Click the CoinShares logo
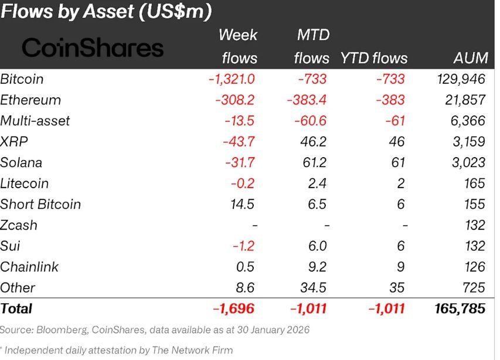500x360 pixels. click(93, 47)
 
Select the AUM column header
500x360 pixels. click(470, 58)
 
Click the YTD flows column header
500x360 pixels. click(373, 58)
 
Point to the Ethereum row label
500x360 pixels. click(30, 100)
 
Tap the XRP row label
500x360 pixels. click(14, 141)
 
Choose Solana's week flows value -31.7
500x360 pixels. click(240, 162)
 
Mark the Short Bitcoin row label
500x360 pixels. click(40, 204)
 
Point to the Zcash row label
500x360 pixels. click(19, 225)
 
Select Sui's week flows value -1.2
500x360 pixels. click(243, 246)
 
